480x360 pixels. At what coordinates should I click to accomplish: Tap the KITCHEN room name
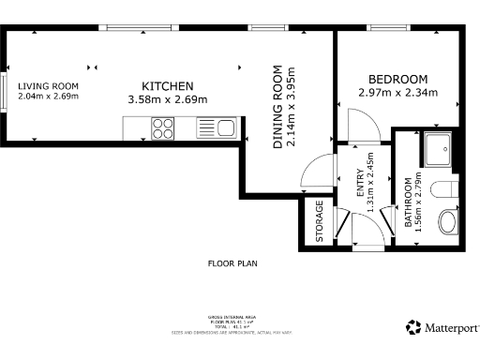pos(167,85)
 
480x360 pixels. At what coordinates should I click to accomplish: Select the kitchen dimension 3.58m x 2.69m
pos(167,98)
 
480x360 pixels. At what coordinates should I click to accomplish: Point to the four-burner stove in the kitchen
pos(162,127)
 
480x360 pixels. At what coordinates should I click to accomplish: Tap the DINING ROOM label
pos(278,108)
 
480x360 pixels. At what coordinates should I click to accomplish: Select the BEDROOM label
pos(397,79)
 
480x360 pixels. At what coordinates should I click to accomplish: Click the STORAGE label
pos(320,222)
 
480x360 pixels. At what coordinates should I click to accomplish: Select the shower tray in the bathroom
pos(438,148)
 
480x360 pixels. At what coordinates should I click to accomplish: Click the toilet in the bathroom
pos(447,190)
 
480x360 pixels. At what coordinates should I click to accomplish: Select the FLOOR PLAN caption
pos(232,263)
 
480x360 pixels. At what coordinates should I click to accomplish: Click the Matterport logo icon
pos(412,327)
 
